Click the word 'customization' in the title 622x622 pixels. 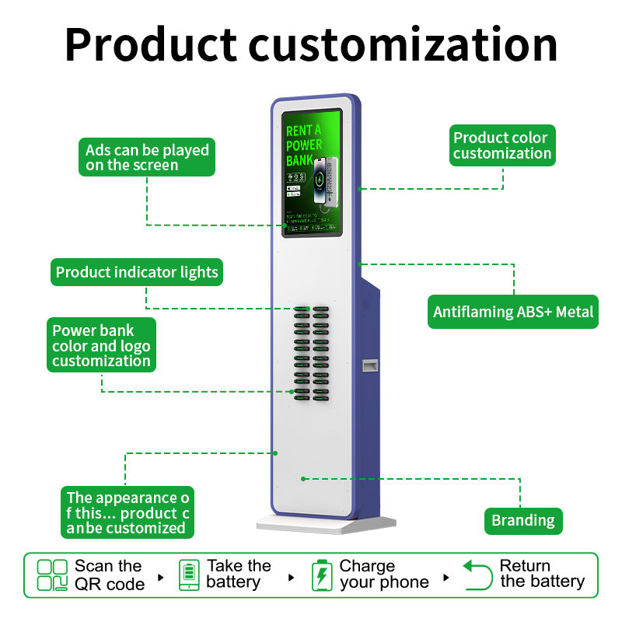click(x=404, y=44)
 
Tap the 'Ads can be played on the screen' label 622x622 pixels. click(x=147, y=157)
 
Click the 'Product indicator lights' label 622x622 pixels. click(x=137, y=273)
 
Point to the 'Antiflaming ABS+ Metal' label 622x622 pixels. click(x=513, y=312)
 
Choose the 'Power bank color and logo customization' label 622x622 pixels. click(x=101, y=345)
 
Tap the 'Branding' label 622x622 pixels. click(x=523, y=520)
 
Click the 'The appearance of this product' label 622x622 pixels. click(x=128, y=512)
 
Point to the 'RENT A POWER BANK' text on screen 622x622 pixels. click(x=303, y=145)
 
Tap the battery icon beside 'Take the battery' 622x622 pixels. click(x=189, y=575)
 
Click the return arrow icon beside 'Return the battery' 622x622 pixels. click(x=478, y=575)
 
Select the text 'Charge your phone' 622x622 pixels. click(x=383, y=575)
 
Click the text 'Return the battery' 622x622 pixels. click(x=542, y=574)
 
